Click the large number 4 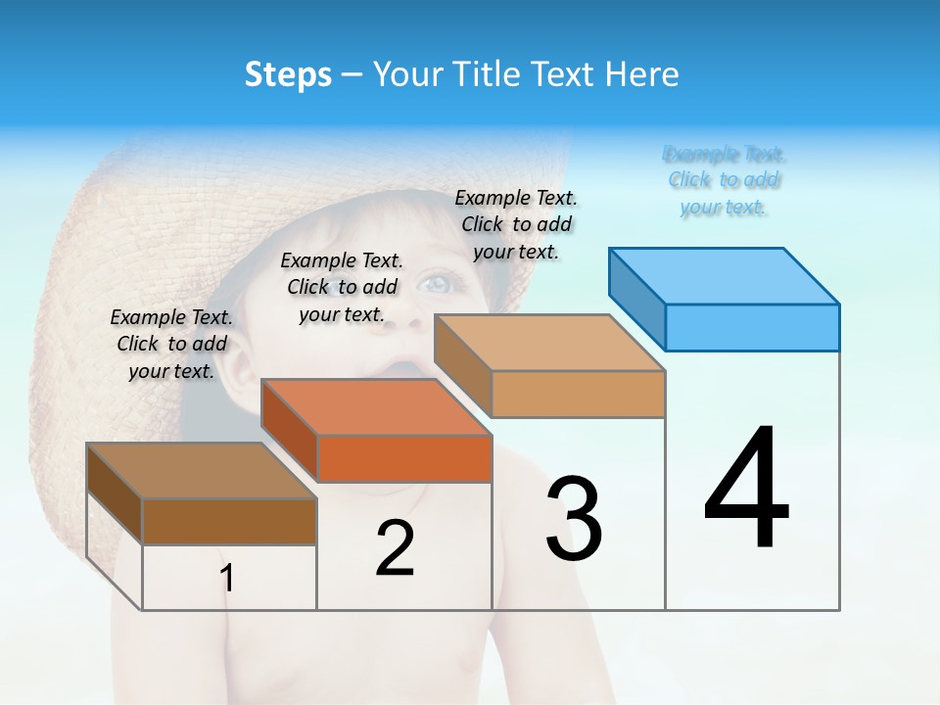[x=746, y=490]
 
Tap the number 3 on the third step [x=574, y=519]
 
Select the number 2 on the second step [x=395, y=548]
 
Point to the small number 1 [x=227, y=579]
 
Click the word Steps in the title [x=288, y=74]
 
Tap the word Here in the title [x=642, y=74]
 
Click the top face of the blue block [x=725, y=275]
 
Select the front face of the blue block [x=752, y=327]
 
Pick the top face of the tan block [x=549, y=343]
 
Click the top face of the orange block [x=376, y=406]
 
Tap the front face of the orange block [x=404, y=458]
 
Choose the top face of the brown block [x=202, y=471]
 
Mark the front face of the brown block [x=229, y=521]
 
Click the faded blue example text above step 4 [x=724, y=180]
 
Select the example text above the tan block [x=516, y=224]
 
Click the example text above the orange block [x=342, y=287]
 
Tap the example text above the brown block [x=171, y=344]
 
